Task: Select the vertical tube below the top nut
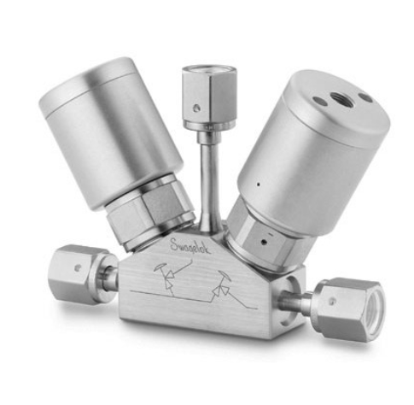point(208,175)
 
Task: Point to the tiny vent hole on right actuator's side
point(254,183)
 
